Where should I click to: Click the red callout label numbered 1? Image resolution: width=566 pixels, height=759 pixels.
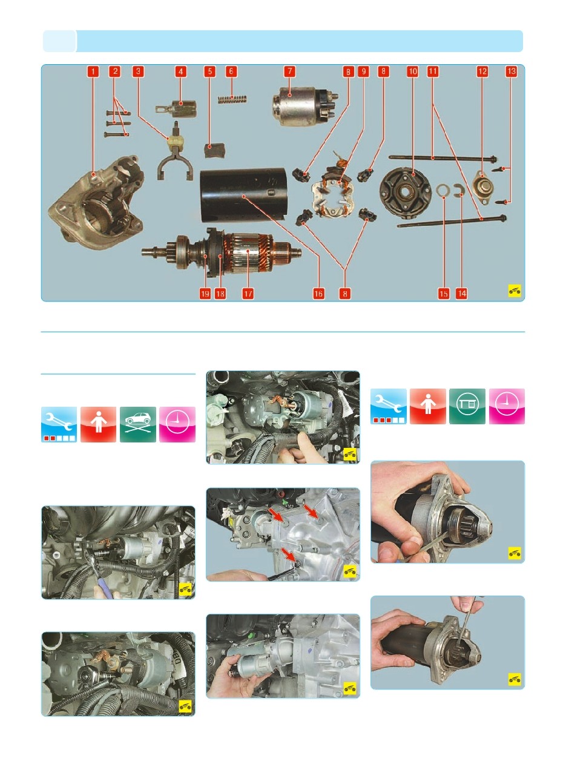point(93,71)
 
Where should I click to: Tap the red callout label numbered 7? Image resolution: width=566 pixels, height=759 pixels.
point(290,71)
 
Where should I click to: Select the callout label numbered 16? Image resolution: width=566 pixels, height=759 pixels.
point(318,294)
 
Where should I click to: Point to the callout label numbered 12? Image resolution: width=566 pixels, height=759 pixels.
point(482,71)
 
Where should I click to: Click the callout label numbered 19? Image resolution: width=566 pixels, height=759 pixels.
point(205,294)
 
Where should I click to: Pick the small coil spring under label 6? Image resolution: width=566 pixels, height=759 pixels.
point(232,99)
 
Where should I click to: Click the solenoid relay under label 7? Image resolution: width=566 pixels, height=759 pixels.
point(304,107)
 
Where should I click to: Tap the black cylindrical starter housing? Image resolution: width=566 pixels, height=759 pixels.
point(243,195)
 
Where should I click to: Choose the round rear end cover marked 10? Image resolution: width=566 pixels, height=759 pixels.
point(405,194)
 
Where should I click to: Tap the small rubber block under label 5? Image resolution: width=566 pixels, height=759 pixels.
point(214,151)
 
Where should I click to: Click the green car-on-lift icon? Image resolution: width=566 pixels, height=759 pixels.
point(137,424)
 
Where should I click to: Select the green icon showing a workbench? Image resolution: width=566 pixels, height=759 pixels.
point(467,406)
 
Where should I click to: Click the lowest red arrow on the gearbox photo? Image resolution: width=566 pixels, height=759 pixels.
point(289,555)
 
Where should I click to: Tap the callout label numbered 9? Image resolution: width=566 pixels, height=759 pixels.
point(363,71)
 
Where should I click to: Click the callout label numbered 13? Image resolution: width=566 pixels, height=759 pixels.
point(511,71)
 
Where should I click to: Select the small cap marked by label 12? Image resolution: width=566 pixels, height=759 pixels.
point(482,187)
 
